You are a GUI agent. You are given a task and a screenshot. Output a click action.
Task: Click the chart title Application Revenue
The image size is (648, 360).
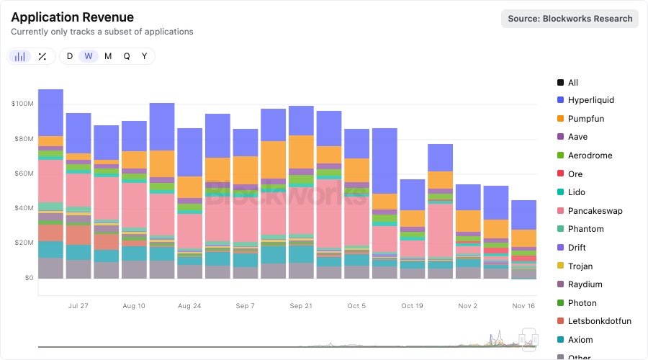pyautogui.click(x=72, y=17)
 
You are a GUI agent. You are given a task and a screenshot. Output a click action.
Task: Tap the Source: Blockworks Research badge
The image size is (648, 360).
pyautogui.click(x=570, y=19)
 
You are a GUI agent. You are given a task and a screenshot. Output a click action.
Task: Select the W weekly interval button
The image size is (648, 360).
pyautogui.click(x=89, y=56)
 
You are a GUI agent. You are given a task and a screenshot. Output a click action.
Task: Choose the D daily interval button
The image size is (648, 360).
pyautogui.click(x=70, y=56)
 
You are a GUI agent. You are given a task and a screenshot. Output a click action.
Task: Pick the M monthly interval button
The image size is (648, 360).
pyautogui.click(x=108, y=56)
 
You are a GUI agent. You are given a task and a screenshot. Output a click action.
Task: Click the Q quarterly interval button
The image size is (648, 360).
pyautogui.click(x=127, y=56)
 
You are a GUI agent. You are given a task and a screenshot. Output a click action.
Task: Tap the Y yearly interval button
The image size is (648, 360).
pyautogui.click(x=145, y=56)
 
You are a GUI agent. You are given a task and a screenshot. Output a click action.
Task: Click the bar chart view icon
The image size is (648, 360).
pyautogui.click(x=20, y=56)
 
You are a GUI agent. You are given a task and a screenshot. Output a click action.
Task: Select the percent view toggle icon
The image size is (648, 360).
pyautogui.click(x=42, y=56)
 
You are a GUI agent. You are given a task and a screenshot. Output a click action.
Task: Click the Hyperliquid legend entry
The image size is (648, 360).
pyautogui.click(x=590, y=100)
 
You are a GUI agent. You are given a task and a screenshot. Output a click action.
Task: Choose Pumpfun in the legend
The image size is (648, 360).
pyautogui.click(x=585, y=119)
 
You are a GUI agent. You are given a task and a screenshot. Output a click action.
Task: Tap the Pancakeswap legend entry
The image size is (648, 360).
pyautogui.click(x=595, y=211)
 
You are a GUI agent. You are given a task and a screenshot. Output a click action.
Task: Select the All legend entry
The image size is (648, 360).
pyautogui.click(x=572, y=83)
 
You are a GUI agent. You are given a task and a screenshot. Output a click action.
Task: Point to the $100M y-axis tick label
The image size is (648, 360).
pyautogui.click(x=22, y=104)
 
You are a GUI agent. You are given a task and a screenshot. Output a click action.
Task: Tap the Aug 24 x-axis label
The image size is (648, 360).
pyautogui.click(x=189, y=306)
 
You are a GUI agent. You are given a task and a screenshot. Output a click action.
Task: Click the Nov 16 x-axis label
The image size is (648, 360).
pyautogui.click(x=523, y=306)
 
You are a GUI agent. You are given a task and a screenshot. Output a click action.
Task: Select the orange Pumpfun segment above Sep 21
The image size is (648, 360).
pyautogui.click(x=300, y=152)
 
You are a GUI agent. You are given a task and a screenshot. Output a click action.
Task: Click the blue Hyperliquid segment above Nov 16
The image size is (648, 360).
pyautogui.click(x=523, y=215)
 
